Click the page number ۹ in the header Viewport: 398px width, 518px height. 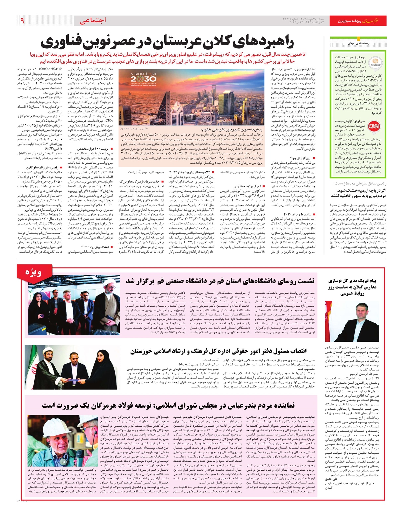coord(22,20)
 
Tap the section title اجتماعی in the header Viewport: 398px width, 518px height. coord(93,20)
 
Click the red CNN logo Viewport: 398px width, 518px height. coord(374,126)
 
